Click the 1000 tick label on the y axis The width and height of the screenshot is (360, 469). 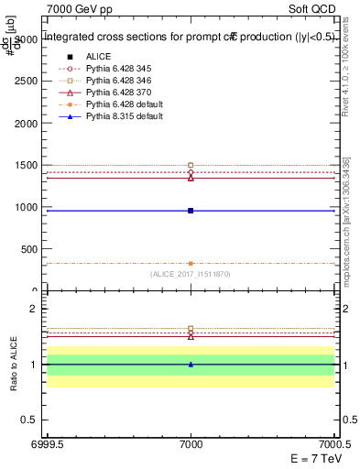(x=27, y=207)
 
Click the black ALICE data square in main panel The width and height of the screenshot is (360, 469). (x=191, y=211)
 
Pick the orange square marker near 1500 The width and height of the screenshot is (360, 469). (x=191, y=165)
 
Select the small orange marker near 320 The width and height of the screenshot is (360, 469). (x=191, y=264)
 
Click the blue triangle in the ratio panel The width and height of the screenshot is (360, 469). (x=191, y=364)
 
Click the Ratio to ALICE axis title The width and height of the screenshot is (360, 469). (x=15, y=365)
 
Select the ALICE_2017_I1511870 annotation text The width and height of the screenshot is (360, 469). (x=191, y=274)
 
